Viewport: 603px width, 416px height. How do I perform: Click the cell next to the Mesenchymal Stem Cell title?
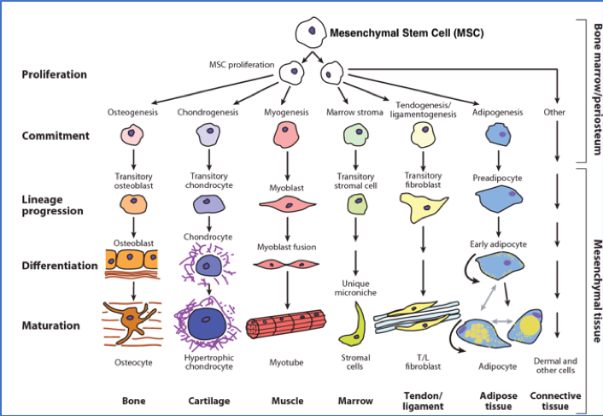coord(309,33)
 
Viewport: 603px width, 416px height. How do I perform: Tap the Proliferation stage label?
coord(55,74)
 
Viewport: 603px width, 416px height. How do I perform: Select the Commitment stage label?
coord(56,135)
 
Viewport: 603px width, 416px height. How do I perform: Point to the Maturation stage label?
coord(51,325)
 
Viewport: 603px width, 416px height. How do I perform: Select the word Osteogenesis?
coord(132,112)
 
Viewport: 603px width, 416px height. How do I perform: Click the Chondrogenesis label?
coord(207,112)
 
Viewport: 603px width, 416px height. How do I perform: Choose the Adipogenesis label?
coord(497,112)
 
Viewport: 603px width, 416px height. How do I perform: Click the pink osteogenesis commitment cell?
coord(132,135)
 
